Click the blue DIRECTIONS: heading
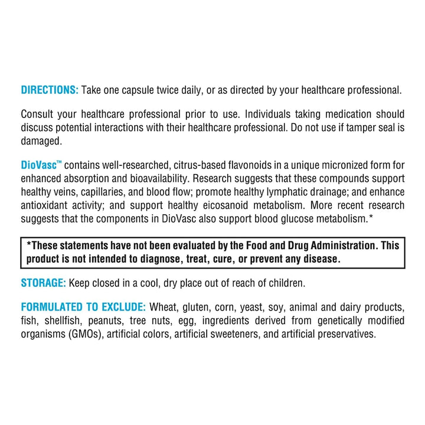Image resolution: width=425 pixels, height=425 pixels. (49, 90)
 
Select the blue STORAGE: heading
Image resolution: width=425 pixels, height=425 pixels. (43, 283)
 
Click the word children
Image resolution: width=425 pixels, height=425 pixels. (286, 283)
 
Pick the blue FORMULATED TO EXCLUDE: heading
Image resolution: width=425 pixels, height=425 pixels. (83, 308)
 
